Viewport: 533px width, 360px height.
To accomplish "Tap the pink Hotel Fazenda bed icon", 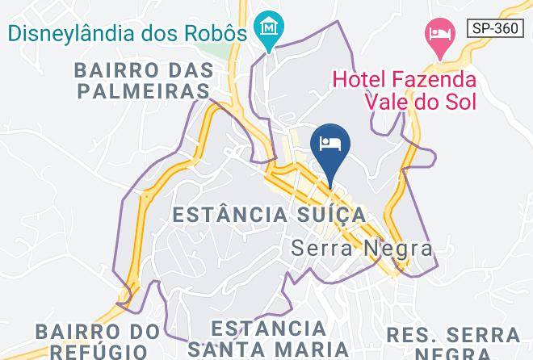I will (439, 35).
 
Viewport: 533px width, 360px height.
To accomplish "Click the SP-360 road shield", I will (495, 27).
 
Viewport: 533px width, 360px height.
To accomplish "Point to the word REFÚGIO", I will (99, 351).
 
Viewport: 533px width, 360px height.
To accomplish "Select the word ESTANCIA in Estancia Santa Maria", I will (268, 329).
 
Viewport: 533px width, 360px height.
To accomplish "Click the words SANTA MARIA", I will (268, 350).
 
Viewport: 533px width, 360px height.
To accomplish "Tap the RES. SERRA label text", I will (452, 334).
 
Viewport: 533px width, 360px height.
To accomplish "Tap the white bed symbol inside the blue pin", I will (329, 143).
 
